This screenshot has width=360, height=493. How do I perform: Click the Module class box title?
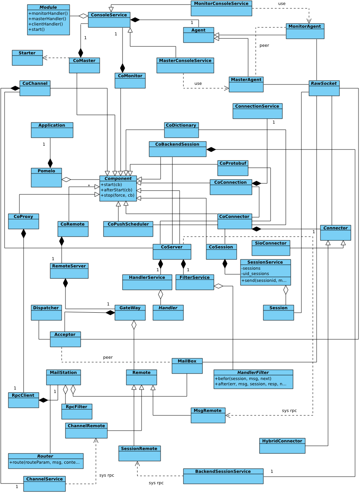[x=48, y=7]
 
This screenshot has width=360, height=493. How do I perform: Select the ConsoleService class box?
[x=109, y=19]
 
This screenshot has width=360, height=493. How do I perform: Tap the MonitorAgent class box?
[x=305, y=31]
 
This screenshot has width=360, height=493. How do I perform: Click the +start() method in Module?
[x=37, y=29]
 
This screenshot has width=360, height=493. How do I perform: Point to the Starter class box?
[x=27, y=57]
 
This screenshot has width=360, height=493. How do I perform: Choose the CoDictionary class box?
[x=181, y=130]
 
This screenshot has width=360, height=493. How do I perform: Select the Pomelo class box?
[x=46, y=177]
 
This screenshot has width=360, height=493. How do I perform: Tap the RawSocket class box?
[x=324, y=88]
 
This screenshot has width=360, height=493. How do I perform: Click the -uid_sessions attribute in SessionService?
[x=255, y=274]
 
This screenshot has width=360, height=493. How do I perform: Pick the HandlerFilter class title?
[x=253, y=372]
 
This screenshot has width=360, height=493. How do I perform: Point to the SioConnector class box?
[x=271, y=248]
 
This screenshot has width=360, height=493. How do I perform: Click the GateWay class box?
[x=130, y=312]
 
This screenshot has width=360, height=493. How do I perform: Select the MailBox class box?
[x=187, y=366]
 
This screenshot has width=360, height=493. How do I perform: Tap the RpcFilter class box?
[x=76, y=411]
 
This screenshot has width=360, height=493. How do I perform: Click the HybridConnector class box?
[x=282, y=445]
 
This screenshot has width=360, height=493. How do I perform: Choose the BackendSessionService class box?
[x=223, y=476]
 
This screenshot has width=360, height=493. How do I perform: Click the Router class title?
[x=45, y=456]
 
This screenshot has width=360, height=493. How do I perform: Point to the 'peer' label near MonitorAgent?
[x=264, y=46]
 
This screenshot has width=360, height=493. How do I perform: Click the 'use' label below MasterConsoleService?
[x=198, y=84]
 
